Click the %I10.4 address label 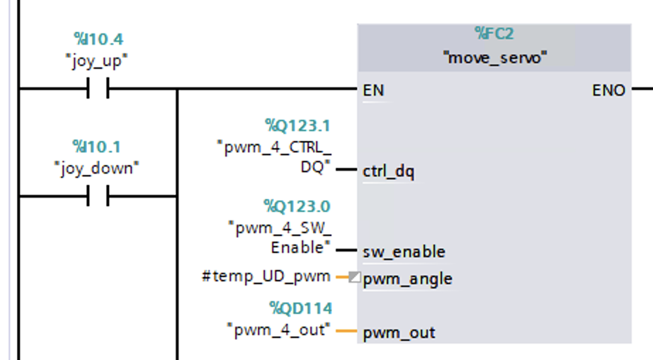(98, 39)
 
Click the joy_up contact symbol (98, 89)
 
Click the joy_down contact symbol (98, 196)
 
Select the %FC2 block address (494, 34)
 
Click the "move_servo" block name (494, 57)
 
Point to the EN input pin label (373, 91)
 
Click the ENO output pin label (608, 91)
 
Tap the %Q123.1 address (297, 126)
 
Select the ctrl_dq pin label (388, 171)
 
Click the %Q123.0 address (297, 206)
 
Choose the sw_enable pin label (404, 252)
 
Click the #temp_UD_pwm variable (266, 276)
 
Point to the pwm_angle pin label (407, 279)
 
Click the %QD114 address (300, 308)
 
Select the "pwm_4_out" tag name (279, 330)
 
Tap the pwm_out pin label (399, 332)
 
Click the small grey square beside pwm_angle (355, 277)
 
